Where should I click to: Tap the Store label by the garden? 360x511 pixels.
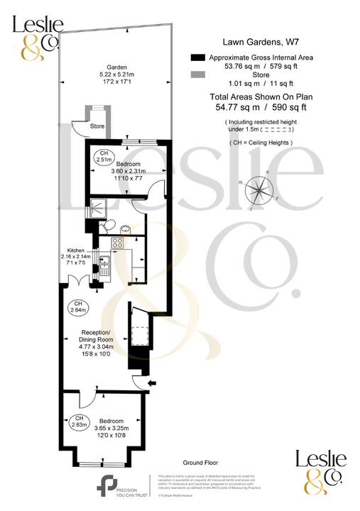pyautogui.click(x=97, y=126)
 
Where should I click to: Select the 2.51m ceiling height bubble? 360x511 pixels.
pyautogui.click(x=104, y=157)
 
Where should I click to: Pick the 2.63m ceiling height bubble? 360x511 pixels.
pyautogui.click(x=80, y=422)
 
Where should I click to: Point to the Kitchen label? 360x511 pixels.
pyautogui.click(x=76, y=251)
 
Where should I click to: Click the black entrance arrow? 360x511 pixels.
pyautogui.click(x=150, y=385)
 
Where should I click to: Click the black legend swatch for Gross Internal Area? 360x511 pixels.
pyautogui.click(x=198, y=57)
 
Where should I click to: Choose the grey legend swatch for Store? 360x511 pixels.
pyautogui.click(x=198, y=74)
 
